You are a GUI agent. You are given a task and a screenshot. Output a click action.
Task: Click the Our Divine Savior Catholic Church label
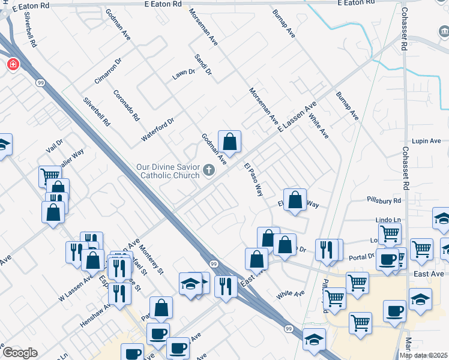tap(169, 171)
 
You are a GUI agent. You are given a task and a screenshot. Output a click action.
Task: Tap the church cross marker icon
tap(209, 170)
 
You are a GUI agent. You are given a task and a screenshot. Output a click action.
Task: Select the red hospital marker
tap(13, 64)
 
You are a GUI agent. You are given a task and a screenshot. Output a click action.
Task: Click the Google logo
tap(20, 353)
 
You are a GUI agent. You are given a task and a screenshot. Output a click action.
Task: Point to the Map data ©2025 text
tap(424, 355)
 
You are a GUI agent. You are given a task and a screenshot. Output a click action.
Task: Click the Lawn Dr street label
tap(184, 74)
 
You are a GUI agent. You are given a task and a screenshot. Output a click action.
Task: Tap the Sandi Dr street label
tap(203, 64)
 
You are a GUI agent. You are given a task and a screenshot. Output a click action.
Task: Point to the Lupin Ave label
tap(427, 140)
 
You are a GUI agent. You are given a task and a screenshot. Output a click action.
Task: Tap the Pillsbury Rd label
tap(384, 199)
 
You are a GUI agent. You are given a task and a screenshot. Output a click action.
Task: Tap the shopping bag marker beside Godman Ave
tap(229, 142)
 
